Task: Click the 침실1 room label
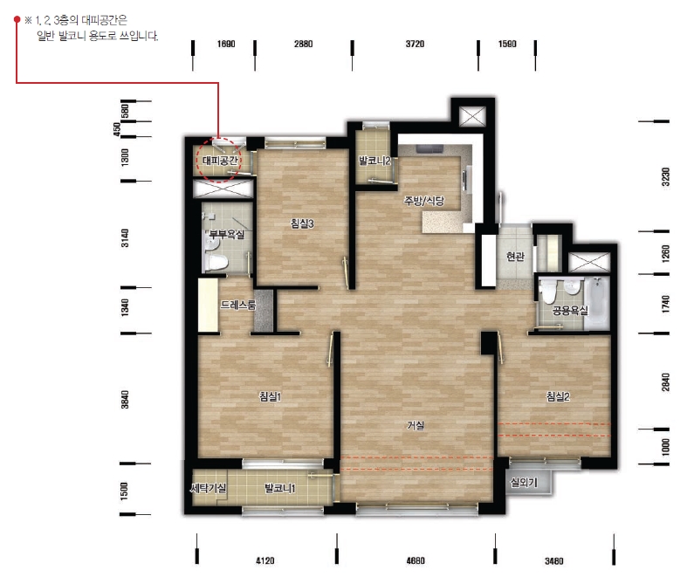(x=270, y=396)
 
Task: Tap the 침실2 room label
(x=558, y=396)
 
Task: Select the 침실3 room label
(x=302, y=223)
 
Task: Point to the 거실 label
(x=416, y=425)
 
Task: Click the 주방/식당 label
(x=424, y=201)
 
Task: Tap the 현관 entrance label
(x=515, y=256)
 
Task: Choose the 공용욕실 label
(x=570, y=311)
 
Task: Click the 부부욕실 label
(x=227, y=234)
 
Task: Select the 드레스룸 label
(x=238, y=305)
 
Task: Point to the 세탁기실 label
(x=208, y=488)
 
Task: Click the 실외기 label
(x=524, y=482)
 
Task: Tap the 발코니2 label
(x=374, y=161)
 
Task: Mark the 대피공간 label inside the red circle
(x=220, y=161)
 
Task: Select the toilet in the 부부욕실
(x=216, y=261)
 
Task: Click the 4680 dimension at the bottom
(x=416, y=560)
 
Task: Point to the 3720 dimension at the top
(x=415, y=44)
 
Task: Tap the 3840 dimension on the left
(x=125, y=400)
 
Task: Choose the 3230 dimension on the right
(x=665, y=177)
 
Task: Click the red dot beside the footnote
(x=17, y=19)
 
